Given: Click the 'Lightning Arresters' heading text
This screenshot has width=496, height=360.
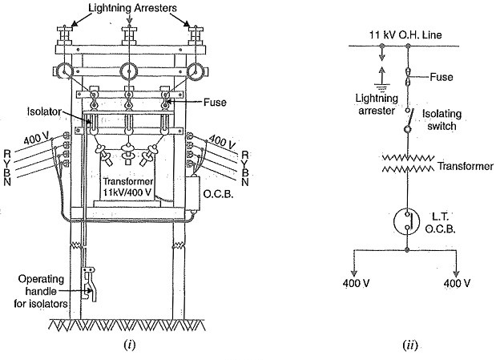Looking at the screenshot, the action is pos(132,8).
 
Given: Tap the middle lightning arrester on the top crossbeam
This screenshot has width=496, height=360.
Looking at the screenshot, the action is pos(129,35).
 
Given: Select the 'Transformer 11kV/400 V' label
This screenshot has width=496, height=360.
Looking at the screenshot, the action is pos(127,187).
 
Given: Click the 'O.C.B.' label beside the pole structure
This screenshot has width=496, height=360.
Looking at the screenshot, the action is pos(218,194).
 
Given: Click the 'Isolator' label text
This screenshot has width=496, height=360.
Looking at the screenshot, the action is pos(44,111).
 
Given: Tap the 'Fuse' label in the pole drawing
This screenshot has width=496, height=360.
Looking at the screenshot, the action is pos(215,103).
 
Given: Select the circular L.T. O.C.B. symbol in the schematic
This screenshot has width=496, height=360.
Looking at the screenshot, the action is pos(406,221).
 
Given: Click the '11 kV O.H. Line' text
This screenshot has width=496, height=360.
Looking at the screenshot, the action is pos(405,34).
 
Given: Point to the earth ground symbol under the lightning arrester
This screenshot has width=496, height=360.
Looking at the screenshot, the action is pos(382,86).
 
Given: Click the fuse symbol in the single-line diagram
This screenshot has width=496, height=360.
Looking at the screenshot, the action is pos(408,77).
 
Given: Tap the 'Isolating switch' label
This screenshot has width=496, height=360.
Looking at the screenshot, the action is pos(442,119).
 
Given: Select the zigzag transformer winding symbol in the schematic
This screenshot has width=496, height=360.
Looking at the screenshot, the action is pos(408,163).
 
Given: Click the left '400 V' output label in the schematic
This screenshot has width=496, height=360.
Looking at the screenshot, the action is pos(357,283).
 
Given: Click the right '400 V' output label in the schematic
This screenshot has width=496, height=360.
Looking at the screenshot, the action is pos(457,283).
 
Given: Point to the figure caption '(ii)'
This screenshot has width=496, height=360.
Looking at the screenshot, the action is pos(410,345).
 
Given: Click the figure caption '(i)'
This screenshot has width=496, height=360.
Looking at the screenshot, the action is pos(130,345).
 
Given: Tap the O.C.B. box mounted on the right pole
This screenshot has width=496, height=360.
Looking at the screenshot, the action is pos(193,193).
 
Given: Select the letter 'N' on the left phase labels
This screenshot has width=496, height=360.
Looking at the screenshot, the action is pos(7,182).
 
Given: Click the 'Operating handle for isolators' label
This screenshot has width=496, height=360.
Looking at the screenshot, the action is pos(41,291).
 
